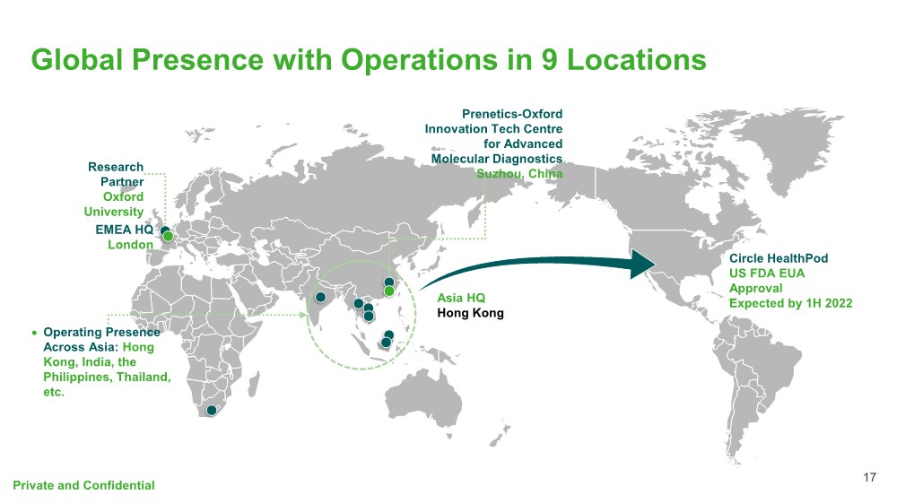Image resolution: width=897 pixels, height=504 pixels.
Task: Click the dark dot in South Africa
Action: click(212, 411)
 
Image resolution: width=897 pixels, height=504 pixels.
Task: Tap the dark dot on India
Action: click(320, 297)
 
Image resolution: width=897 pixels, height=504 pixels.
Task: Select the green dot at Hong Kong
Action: click(389, 291)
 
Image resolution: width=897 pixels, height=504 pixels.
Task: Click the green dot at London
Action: click(168, 236)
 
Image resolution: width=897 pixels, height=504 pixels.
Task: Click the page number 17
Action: click(868, 477)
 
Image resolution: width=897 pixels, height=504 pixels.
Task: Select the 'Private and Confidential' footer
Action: click(83, 485)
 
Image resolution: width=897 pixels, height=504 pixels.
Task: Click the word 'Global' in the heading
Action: click(75, 59)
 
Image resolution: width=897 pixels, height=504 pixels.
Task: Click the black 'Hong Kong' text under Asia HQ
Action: click(470, 313)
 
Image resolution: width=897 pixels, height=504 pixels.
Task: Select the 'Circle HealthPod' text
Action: click(778, 258)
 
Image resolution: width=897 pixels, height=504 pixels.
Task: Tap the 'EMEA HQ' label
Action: click(125, 230)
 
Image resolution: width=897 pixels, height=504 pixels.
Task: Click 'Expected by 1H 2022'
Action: click(790, 304)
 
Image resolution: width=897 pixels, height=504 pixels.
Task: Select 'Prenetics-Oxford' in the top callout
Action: click(512, 114)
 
